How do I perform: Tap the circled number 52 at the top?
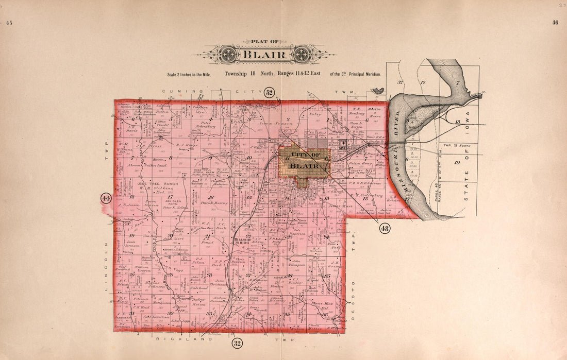tap(269, 93)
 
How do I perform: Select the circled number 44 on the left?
tap(106, 198)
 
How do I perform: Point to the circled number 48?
tap(385, 228)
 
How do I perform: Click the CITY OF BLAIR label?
tap(304, 160)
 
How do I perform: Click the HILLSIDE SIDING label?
tap(241, 242)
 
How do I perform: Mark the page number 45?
tap(9, 23)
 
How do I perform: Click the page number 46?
tap(555, 23)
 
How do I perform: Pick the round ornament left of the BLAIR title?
tap(228, 55)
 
